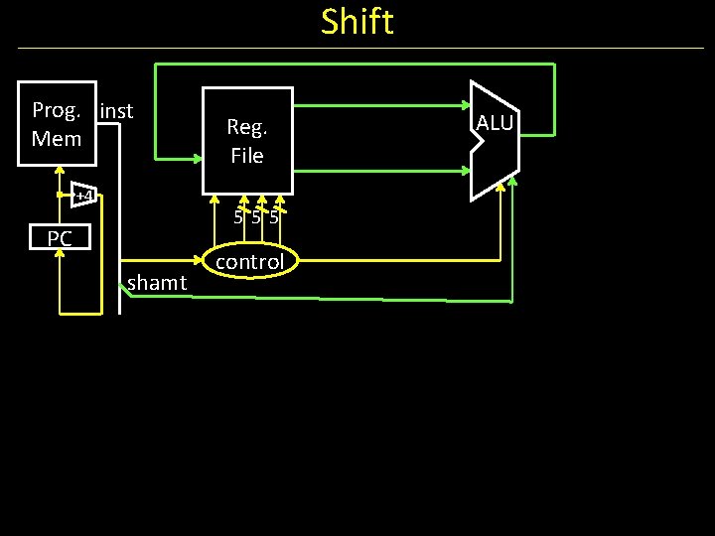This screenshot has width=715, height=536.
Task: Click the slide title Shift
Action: click(x=357, y=22)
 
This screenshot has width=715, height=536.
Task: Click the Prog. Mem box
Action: click(x=58, y=123)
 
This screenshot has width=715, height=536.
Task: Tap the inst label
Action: click(x=117, y=110)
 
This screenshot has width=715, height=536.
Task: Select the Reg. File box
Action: click(x=247, y=140)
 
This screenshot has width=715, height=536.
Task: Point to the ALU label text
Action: click(x=494, y=123)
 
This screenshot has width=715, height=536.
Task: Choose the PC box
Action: click(x=60, y=238)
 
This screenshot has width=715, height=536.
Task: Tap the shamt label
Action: click(x=157, y=284)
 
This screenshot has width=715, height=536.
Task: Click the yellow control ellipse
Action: click(x=250, y=262)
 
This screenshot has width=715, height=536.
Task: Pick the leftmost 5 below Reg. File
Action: click(x=238, y=217)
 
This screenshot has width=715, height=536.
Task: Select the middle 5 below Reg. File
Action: click(x=256, y=217)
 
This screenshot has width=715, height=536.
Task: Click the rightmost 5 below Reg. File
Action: click(x=274, y=217)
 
